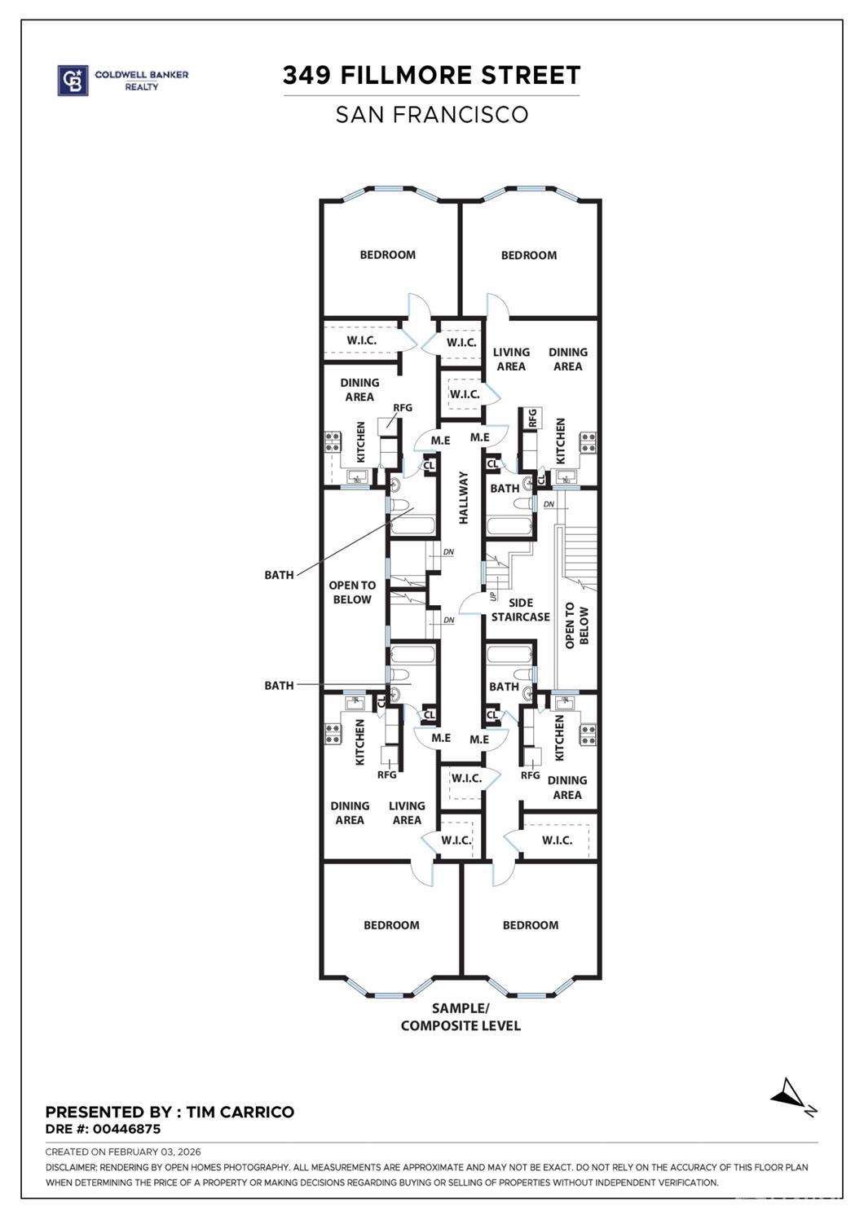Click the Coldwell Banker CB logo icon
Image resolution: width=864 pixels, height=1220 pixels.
(x=73, y=81)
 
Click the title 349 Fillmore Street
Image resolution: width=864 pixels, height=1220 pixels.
(x=431, y=76)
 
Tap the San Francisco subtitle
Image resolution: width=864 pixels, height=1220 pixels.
(x=431, y=115)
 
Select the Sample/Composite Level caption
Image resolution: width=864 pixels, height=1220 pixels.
(x=461, y=1017)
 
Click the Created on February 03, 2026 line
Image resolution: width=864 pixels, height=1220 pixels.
(x=122, y=1152)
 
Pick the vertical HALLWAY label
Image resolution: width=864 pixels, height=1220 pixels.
(x=463, y=498)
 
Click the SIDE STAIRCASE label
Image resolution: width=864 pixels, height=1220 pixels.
(x=520, y=610)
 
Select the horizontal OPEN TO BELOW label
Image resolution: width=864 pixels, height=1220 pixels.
(x=352, y=592)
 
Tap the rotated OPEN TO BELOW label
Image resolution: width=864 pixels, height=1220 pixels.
(x=576, y=625)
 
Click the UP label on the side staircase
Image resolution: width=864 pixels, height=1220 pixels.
(x=493, y=596)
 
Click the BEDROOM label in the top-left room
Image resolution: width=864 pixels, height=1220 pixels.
(x=388, y=255)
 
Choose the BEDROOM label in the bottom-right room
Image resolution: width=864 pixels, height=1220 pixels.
(x=531, y=925)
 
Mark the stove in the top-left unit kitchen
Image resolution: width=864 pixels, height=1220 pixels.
(x=333, y=442)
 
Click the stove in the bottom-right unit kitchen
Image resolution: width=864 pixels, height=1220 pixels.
(x=588, y=735)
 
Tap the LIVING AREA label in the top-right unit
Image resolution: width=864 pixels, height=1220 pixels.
(x=511, y=359)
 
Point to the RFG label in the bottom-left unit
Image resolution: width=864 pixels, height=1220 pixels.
(x=386, y=775)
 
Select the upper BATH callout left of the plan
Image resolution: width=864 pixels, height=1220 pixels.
(x=279, y=575)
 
